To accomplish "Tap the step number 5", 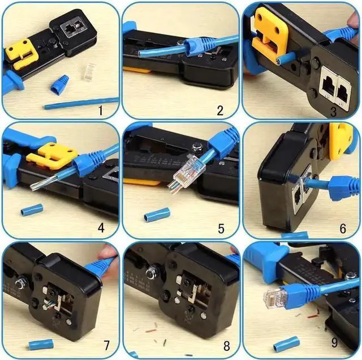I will tap(221, 229).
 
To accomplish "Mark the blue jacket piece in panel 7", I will tap(41, 344).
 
